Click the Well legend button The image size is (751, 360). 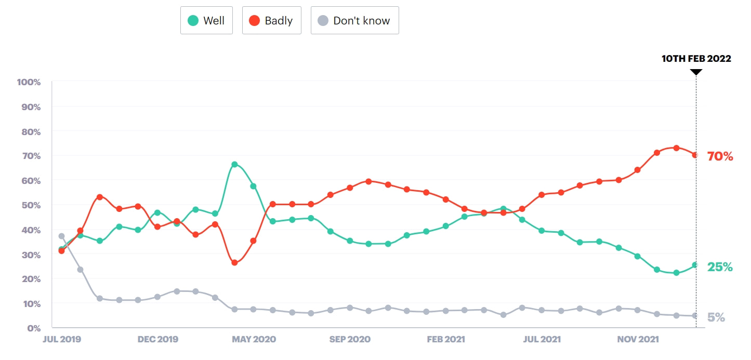[x=206, y=21]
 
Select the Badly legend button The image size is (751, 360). [x=271, y=21]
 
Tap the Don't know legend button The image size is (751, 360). [x=354, y=21]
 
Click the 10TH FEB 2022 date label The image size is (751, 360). [x=696, y=59]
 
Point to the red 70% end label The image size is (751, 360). [x=720, y=156]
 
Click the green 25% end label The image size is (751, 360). [x=720, y=267]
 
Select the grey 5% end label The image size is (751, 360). [x=716, y=317]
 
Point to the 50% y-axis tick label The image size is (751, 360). [x=31, y=205]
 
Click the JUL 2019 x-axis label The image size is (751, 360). [x=61, y=340]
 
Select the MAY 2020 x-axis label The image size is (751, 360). [x=254, y=340]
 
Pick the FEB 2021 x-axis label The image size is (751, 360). [x=445, y=340]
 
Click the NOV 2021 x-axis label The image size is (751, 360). [x=638, y=340]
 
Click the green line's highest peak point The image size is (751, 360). [x=234, y=165]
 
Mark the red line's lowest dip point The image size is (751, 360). [x=234, y=263]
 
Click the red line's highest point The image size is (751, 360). [x=676, y=148]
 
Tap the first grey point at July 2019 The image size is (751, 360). [x=61, y=236]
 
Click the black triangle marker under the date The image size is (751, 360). [x=696, y=72]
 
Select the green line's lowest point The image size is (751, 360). [x=676, y=273]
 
